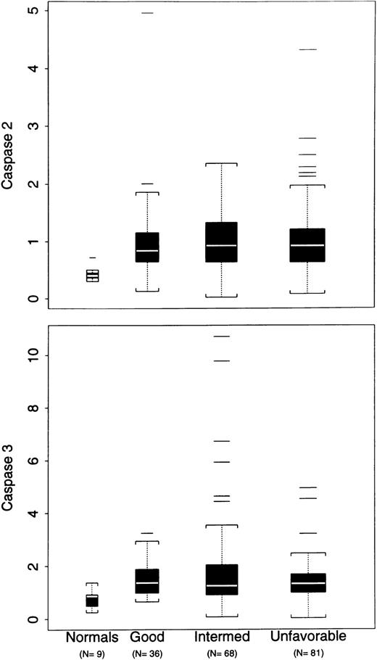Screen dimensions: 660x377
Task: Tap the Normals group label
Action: [91, 638]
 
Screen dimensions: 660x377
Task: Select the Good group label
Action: [147, 638]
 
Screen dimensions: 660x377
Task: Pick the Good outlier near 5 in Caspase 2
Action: [147, 13]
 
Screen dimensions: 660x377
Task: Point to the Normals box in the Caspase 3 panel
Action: [92, 601]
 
